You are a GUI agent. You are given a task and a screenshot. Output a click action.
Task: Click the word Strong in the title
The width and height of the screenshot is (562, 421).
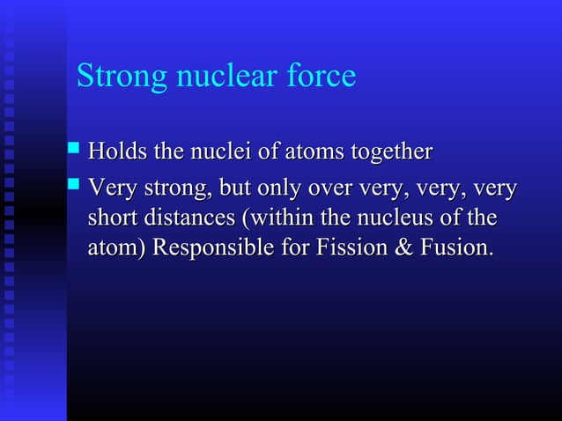(122, 77)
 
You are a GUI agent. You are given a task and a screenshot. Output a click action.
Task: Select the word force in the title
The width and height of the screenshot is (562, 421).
(322, 77)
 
